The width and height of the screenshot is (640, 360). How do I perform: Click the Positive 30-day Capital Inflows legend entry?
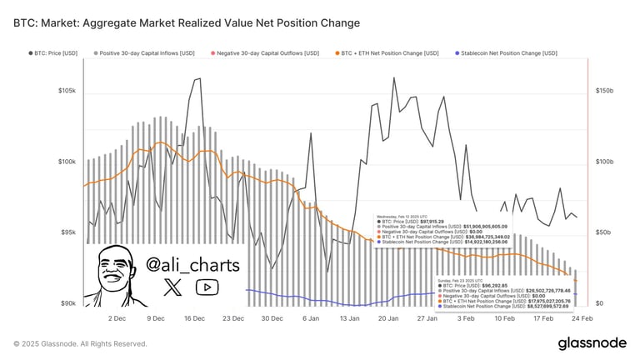(x=149, y=52)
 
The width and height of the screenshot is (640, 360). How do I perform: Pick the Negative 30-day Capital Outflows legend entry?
(x=267, y=52)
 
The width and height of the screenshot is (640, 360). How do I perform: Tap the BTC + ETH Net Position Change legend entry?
(x=387, y=52)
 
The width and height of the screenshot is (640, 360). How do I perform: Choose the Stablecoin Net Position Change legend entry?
(x=508, y=52)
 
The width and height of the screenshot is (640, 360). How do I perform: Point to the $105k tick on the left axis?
(x=67, y=90)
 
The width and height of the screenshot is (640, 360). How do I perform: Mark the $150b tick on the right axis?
(x=603, y=90)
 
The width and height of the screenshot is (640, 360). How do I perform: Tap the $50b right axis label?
(x=602, y=232)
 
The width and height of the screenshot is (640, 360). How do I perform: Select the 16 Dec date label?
(x=194, y=318)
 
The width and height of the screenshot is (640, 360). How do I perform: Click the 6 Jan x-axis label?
(x=311, y=318)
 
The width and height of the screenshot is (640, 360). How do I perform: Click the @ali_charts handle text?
(x=192, y=265)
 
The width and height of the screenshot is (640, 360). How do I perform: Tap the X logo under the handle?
(x=172, y=288)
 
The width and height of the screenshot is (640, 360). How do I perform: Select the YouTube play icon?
(x=204, y=288)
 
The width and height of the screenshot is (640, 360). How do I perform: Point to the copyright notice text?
(x=80, y=343)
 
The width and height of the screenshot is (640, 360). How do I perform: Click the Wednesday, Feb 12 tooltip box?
(x=442, y=230)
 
